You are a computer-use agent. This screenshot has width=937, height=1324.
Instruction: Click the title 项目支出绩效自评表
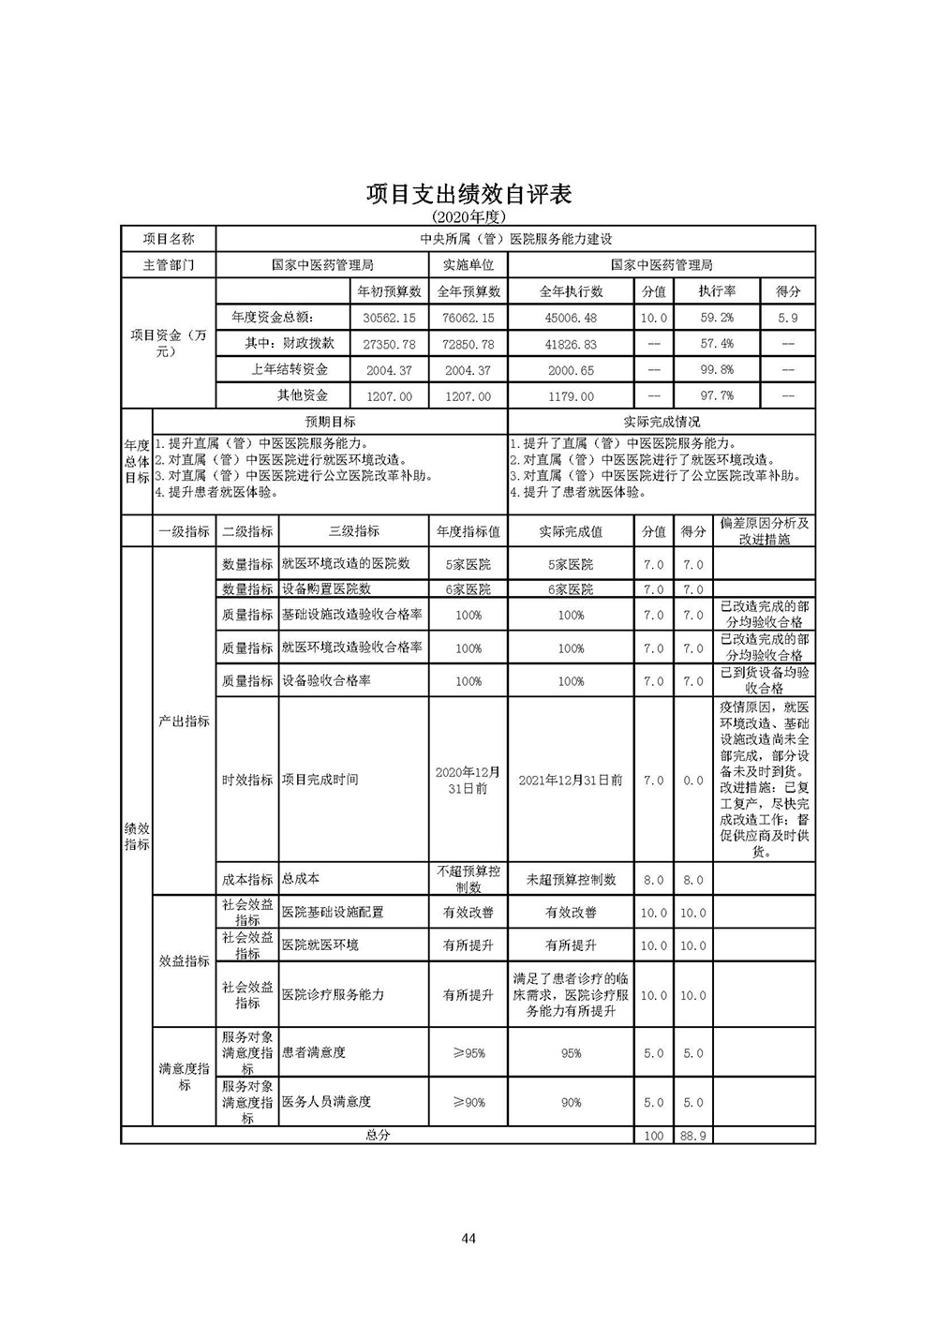click(468, 194)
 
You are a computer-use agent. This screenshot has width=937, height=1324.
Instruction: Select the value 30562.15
click(389, 319)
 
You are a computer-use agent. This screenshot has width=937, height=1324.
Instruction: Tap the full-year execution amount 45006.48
click(571, 319)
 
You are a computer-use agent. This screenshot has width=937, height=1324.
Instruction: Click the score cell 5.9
click(788, 319)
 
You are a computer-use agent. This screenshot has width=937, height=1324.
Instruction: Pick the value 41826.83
click(571, 345)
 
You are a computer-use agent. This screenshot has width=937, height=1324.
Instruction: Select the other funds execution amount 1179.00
click(571, 396)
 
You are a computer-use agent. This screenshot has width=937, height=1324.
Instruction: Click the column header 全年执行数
click(571, 292)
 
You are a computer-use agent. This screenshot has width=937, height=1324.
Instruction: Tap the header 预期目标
click(331, 423)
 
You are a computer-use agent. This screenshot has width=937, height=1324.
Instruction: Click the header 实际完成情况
click(662, 423)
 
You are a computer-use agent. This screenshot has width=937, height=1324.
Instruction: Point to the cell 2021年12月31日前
click(571, 780)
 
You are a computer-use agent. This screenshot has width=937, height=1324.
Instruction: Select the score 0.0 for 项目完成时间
click(693, 781)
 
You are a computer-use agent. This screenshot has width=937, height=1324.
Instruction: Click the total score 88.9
click(693, 1136)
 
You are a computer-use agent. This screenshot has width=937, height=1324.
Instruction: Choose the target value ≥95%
click(468, 1053)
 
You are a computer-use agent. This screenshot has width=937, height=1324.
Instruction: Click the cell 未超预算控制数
click(571, 880)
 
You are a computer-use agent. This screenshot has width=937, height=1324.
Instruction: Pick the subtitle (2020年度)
click(468, 216)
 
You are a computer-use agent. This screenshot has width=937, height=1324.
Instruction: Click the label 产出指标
click(184, 722)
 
